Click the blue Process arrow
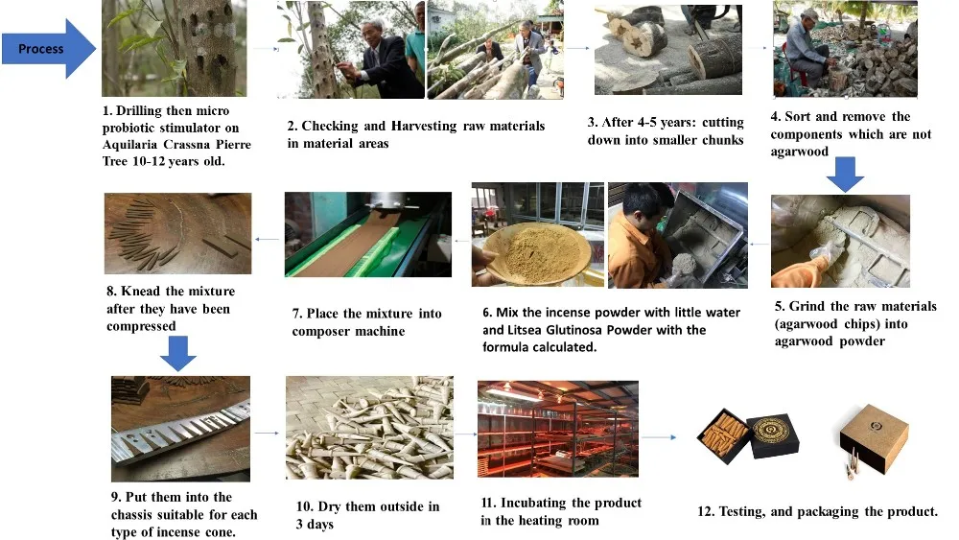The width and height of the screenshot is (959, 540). [49, 48]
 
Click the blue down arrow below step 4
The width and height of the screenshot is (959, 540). [845, 175]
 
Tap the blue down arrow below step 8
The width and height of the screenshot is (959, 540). [178, 353]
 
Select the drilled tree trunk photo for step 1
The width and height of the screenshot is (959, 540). [175, 48]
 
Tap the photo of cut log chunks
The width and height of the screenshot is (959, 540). [667, 50]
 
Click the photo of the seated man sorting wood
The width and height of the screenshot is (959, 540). [845, 49]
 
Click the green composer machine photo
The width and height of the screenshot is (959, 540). [368, 234]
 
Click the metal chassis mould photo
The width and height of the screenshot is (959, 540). [180, 428]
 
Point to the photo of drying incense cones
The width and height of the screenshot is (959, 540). [369, 428]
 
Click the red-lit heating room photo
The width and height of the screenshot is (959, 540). [558, 429]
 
